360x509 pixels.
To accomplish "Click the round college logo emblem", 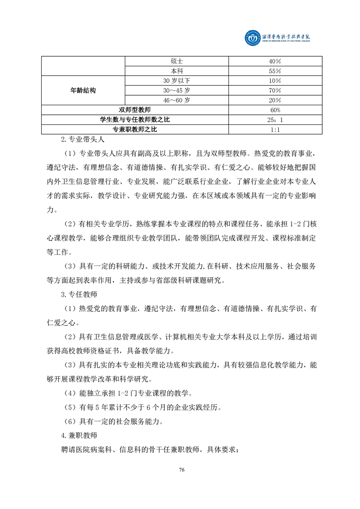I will coord(252,38).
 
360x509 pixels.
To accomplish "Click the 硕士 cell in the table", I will coord(177,61).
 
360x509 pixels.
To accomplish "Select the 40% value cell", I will coord(275,61).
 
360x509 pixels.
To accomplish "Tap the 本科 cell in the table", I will coord(177,71).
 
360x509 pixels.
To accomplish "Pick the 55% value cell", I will coord(275,71).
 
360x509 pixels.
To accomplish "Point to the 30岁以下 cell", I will coord(177,81).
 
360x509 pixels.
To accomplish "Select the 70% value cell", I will coord(275,90).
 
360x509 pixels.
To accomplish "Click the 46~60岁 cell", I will coord(177,100).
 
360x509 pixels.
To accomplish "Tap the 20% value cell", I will coord(275,100).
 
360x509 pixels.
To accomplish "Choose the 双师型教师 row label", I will coord(135,110).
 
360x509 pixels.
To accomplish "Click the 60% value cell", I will coord(275,110).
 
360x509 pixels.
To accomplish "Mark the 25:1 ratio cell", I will coord(275,120).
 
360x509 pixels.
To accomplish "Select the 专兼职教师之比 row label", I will coord(135,130).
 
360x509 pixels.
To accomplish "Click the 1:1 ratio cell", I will coord(275,130).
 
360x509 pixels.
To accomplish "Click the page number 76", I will coord(181,469).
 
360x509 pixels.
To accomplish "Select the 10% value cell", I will coord(275,81).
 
